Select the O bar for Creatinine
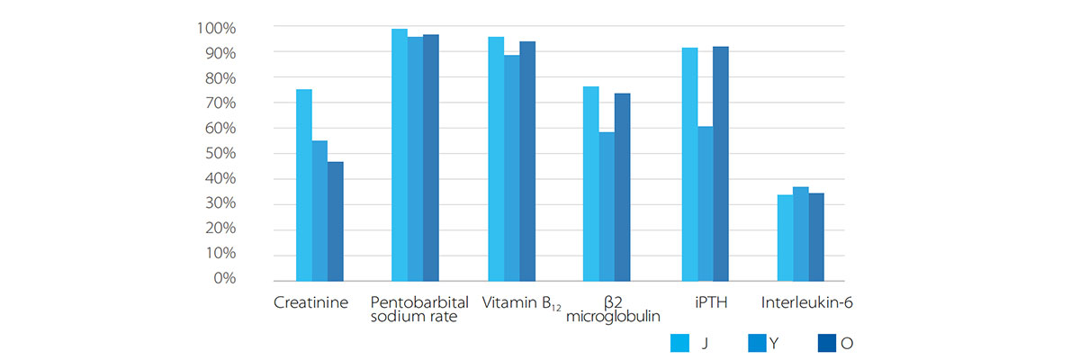point(336,221)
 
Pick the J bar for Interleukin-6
point(785,238)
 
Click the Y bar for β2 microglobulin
point(607,206)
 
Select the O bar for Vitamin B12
point(527,161)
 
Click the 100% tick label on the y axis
point(215,28)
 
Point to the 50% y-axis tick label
point(219,153)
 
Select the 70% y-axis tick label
point(219,103)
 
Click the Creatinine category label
point(310,303)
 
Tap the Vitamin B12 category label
point(521,304)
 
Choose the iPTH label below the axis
point(711,303)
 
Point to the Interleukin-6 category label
point(806,303)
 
